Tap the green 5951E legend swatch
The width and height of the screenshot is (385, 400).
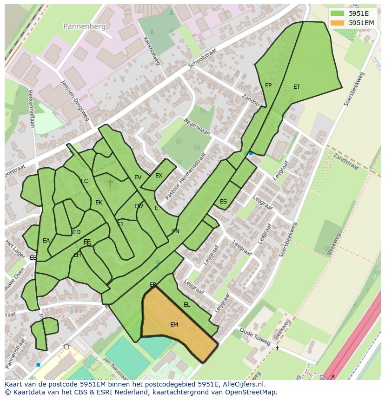(338, 13)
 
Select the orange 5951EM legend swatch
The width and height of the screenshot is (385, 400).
(338, 23)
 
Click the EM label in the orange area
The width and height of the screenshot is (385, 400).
(174, 325)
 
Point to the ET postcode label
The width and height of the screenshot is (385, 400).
(297, 87)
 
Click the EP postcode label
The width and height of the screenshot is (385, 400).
(268, 85)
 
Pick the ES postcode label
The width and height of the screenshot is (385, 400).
(224, 202)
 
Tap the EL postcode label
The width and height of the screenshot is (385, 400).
(187, 305)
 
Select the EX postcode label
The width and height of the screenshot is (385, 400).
(159, 176)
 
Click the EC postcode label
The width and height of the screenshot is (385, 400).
(85, 181)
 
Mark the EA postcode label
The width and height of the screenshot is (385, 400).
(46, 241)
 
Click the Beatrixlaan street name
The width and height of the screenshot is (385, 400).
(197, 126)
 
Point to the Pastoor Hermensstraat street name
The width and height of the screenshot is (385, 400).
(185, 177)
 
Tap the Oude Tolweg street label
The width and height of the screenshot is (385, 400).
(255, 337)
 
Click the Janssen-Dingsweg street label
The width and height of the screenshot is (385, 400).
(74, 100)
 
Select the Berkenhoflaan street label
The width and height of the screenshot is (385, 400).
(31, 109)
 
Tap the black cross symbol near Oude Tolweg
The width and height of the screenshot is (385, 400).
(277, 348)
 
